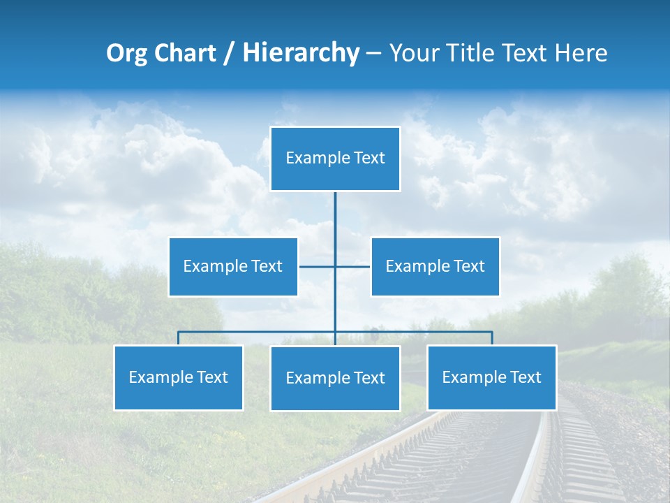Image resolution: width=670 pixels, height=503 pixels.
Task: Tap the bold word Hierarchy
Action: pyautogui.click(x=300, y=53)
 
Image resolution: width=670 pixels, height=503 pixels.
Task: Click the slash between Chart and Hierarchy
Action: pyautogui.click(x=229, y=54)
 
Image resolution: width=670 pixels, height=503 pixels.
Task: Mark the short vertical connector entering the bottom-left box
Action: pyautogui.click(x=179, y=338)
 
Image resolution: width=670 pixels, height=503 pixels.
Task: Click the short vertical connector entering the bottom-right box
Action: pyautogui.click(x=492, y=338)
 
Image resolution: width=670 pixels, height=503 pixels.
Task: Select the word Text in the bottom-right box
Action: pyautogui.click(x=525, y=377)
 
